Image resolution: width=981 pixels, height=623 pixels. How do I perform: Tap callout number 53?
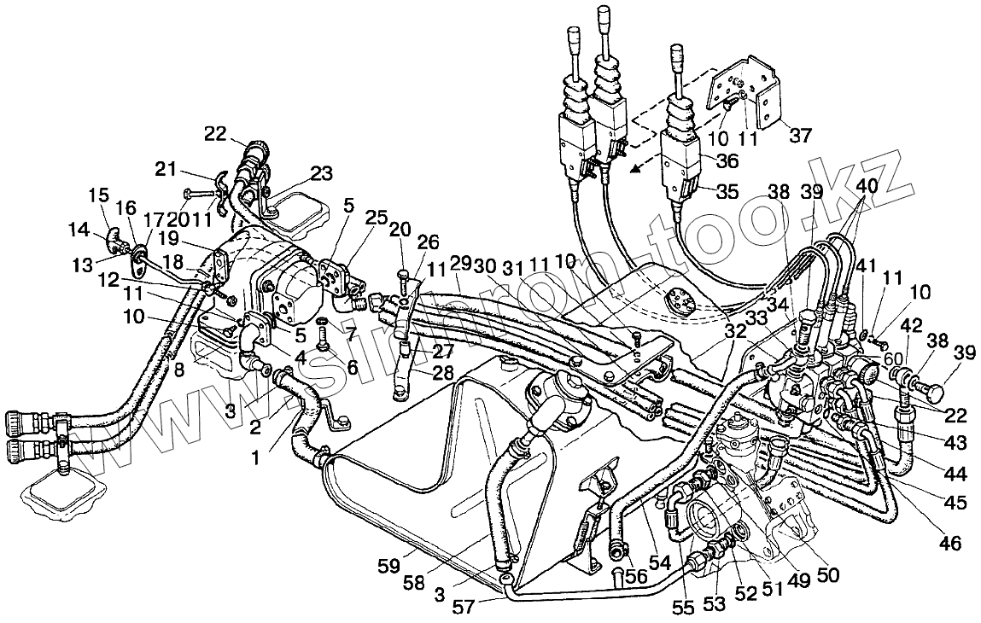pos(713,603)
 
